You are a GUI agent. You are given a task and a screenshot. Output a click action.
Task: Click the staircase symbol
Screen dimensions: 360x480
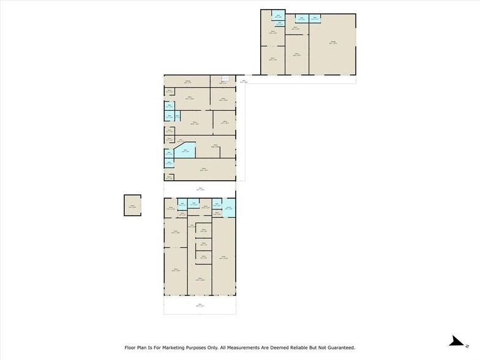224,78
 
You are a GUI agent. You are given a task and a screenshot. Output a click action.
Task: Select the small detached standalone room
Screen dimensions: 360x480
132,204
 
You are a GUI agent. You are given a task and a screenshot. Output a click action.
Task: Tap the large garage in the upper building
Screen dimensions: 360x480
332,43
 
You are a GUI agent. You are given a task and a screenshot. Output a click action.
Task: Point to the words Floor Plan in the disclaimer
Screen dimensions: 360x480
135,347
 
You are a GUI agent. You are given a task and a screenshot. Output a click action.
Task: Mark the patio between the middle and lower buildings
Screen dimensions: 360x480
200,189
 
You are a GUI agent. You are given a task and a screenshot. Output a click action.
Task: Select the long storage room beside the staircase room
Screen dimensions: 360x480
186,80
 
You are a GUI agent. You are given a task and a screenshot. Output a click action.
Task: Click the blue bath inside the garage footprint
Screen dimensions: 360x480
315,18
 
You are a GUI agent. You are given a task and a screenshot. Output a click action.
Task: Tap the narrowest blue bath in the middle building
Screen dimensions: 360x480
178,116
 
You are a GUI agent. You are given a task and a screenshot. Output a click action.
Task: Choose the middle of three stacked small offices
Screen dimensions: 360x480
203,244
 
